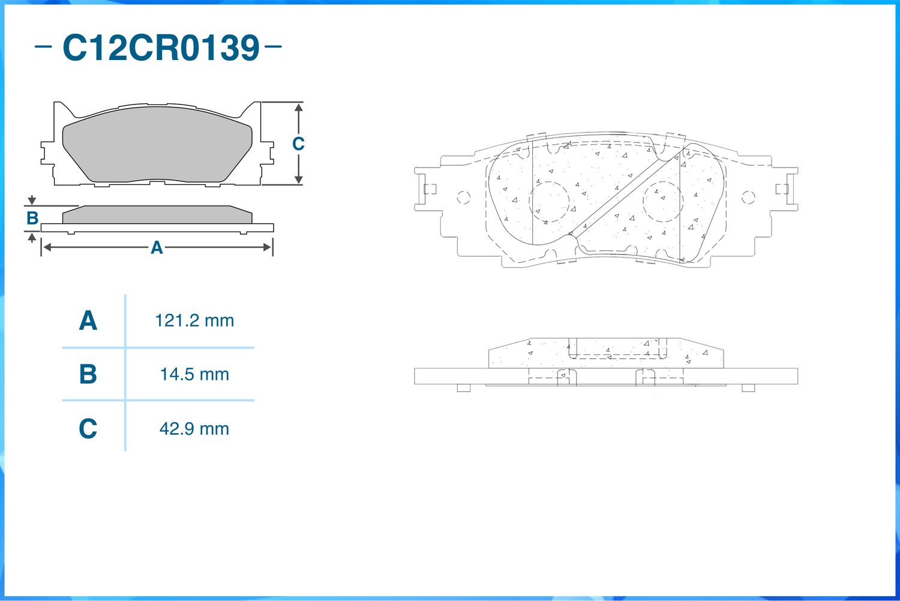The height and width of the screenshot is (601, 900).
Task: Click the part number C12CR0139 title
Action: click(161, 47)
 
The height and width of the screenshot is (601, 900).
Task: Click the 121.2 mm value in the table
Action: click(194, 321)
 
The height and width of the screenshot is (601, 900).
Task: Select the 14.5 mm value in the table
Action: click(194, 375)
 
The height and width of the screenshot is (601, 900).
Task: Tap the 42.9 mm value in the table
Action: click(194, 429)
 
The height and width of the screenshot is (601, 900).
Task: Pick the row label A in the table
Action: click(88, 321)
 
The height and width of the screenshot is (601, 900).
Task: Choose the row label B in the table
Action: click(88, 374)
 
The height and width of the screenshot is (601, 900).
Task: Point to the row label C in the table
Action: click(88, 429)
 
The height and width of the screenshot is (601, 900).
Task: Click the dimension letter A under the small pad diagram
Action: click(157, 247)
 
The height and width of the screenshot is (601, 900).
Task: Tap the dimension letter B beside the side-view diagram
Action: click(32, 219)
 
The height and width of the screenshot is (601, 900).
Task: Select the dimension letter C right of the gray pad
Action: click(298, 144)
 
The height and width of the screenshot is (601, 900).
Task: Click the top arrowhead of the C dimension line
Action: click(299, 107)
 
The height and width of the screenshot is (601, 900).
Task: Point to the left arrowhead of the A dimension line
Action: click(47, 247)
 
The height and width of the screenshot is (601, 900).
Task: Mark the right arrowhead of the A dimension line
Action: click(267, 247)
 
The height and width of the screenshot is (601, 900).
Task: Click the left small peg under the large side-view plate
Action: click(464, 388)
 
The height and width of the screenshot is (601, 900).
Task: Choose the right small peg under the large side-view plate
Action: click(748, 388)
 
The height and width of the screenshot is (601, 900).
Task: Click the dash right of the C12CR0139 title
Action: click(273, 46)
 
